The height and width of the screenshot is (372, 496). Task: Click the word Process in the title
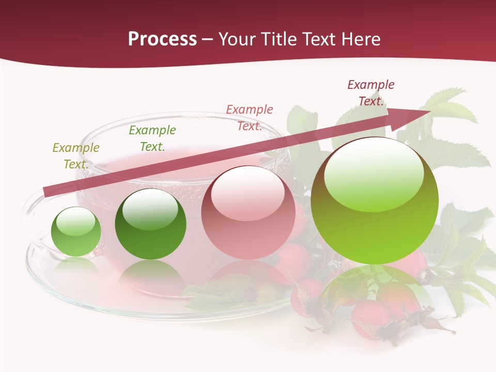tap(162, 39)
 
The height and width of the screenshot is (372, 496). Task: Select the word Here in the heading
tap(360, 39)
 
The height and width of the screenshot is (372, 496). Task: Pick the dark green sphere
tap(150, 224)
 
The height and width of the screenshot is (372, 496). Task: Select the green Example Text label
tap(152, 138)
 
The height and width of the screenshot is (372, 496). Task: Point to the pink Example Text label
tap(250, 118)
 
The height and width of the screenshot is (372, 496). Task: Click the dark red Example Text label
tap(371, 93)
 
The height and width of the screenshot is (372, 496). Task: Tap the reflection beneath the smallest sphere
tap(76, 265)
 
